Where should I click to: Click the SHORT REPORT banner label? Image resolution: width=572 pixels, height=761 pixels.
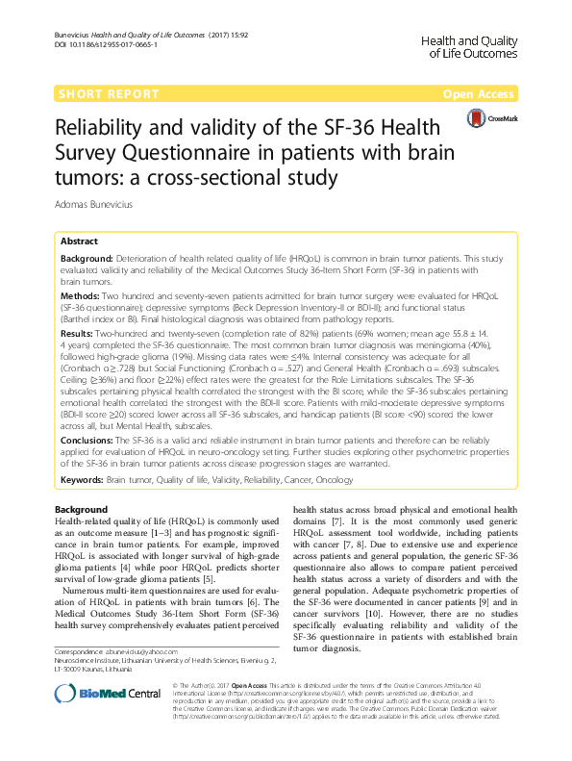109,93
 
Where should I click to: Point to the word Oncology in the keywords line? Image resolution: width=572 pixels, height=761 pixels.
335,477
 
